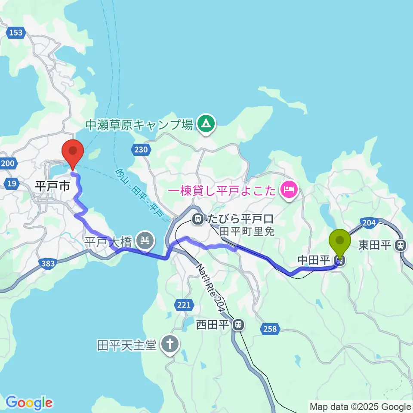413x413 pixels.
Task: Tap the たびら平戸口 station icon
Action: pyautogui.click(x=198, y=219)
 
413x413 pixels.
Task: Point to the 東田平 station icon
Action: pyautogui.click(x=401, y=245)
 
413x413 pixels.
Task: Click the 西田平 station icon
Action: pyautogui.click(x=237, y=325)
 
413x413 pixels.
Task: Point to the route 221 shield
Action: pyautogui.click(x=184, y=305)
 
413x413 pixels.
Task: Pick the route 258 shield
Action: pyautogui.click(x=269, y=329)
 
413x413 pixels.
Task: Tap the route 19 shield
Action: pyautogui.click(x=12, y=184)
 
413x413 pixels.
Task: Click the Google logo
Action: pyautogui.click(x=29, y=403)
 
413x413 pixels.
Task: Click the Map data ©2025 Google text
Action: pyautogui.click(x=361, y=407)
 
